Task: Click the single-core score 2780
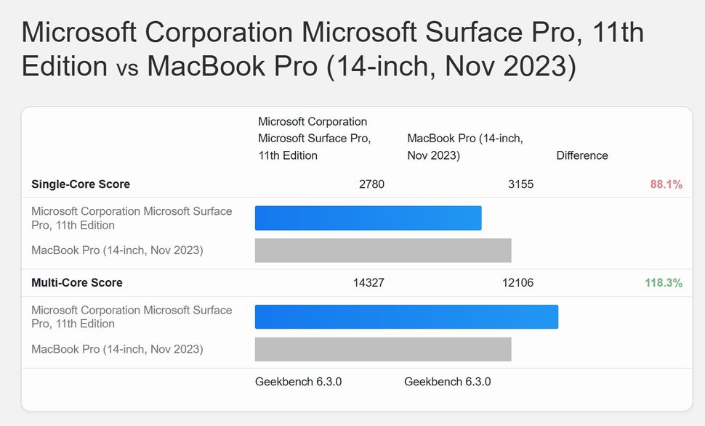coord(371,184)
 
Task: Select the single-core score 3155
coord(520,184)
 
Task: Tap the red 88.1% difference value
coord(666,184)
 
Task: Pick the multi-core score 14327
coord(368,283)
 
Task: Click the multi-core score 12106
coord(517,283)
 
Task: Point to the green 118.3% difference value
coord(664,283)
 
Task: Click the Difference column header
coord(582,155)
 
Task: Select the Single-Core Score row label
coord(81,184)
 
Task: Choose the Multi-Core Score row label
coord(77,283)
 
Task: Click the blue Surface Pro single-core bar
coord(368,218)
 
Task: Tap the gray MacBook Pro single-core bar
coord(383,250)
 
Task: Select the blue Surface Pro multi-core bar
coord(406,317)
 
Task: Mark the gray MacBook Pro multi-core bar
coord(383,349)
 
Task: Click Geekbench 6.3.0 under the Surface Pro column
coord(298,382)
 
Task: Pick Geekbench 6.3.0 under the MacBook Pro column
coord(447,382)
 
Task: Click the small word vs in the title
coord(127,67)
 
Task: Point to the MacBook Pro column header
coord(465,147)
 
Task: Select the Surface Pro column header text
coord(314,139)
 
